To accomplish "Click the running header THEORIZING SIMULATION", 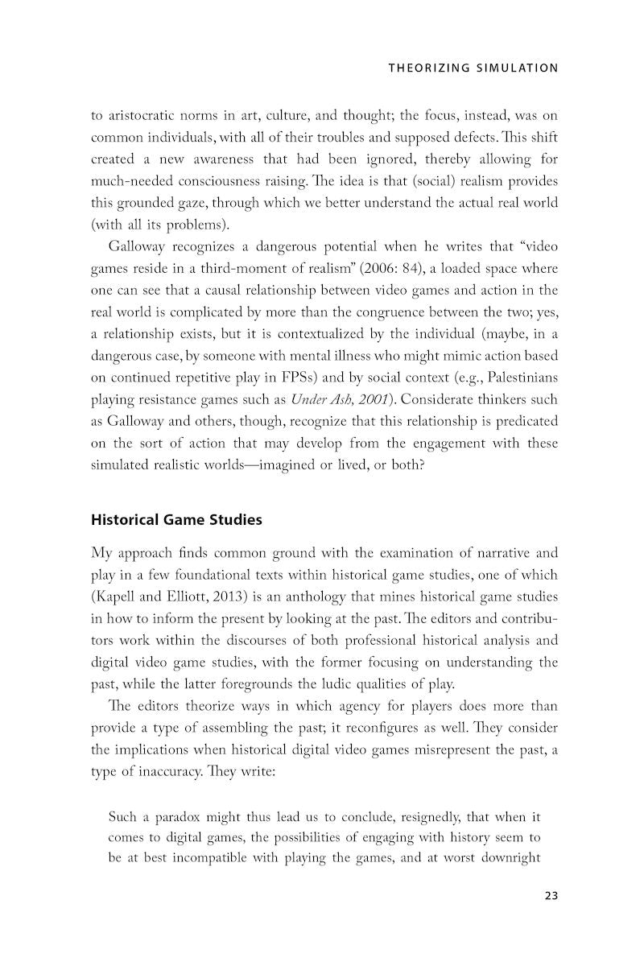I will click(x=473, y=68).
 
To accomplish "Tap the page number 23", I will click(x=550, y=896).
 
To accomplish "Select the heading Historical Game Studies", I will click(x=176, y=520).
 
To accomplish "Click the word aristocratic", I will click(x=145, y=115).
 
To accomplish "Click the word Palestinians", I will click(x=515, y=378).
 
